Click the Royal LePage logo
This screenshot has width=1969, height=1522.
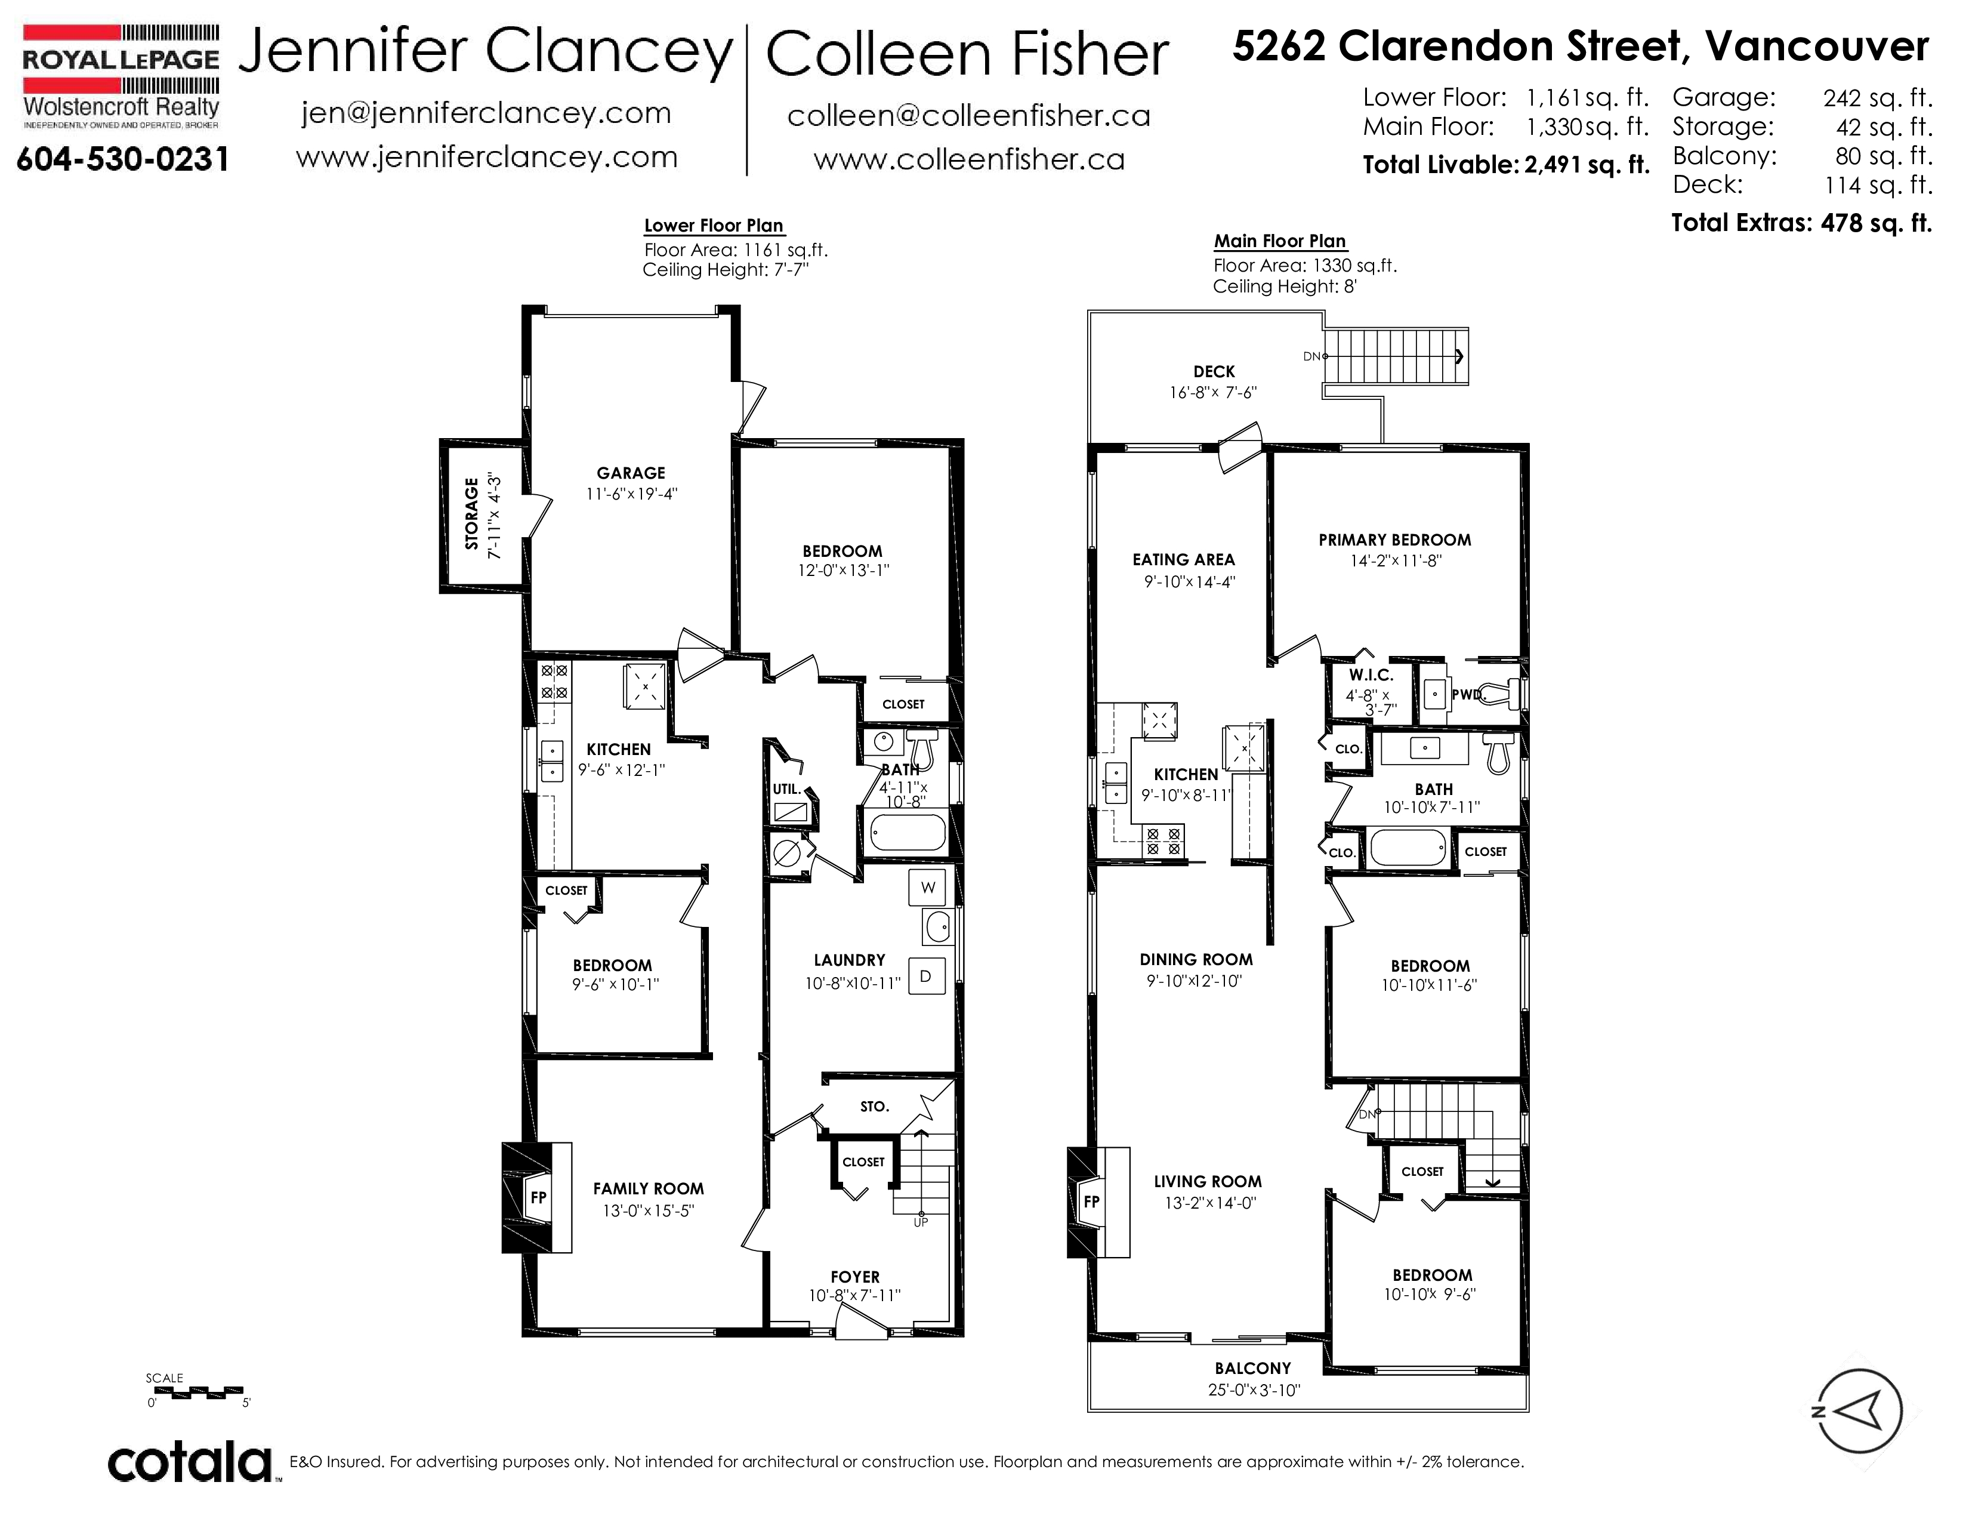(121, 76)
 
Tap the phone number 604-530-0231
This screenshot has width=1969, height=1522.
(122, 159)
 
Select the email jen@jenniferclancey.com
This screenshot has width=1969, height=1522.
(486, 113)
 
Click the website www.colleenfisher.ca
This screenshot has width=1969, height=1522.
(969, 159)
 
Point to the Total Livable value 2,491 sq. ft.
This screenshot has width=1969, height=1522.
(1587, 165)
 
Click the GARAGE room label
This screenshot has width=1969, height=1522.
(631, 473)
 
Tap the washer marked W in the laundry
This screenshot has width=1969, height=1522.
(928, 887)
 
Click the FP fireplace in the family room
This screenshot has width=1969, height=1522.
(538, 1197)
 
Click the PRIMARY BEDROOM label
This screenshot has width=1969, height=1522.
(1395, 540)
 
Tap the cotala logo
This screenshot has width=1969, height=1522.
(191, 1462)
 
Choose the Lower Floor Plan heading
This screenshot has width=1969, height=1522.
(713, 226)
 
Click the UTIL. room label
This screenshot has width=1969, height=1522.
(787, 789)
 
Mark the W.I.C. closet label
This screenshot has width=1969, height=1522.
(1371, 675)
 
